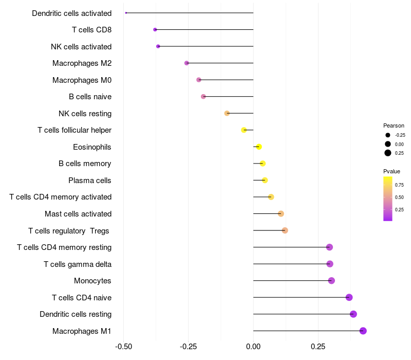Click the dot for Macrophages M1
click(x=363, y=331)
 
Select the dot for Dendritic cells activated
click(x=126, y=13)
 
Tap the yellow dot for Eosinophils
click(x=259, y=147)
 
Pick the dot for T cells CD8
click(x=155, y=30)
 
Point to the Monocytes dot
click(x=331, y=281)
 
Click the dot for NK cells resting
click(x=227, y=113)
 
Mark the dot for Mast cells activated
click(x=281, y=214)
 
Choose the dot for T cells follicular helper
click(x=244, y=130)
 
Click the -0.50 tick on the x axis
click(x=123, y=347)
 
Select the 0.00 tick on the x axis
click(x=253, y=347)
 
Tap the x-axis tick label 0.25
click(x=318, y=347)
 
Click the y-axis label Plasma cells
click(x=90, y=181)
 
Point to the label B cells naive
click(x=90, y=97)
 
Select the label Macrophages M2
click(x=82, y=63)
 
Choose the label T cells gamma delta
click(x=78, y=264)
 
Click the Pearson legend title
click(x=394, y=125)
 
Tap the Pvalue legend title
click(x=391, y=171)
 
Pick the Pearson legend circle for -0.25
click(x=388, y=135)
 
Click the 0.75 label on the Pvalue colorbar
click(x=399, y=185)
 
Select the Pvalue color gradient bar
click(x=388, y=199)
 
